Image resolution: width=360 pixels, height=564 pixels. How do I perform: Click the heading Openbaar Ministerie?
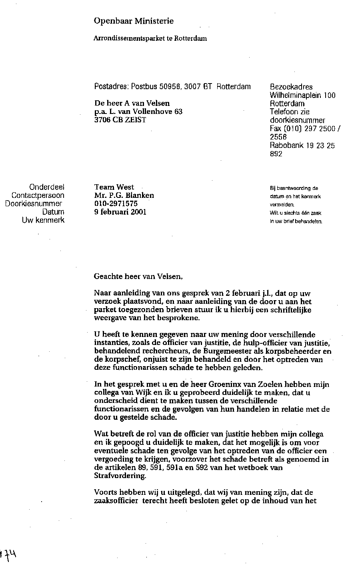pyautogui.click(x=134, y=21)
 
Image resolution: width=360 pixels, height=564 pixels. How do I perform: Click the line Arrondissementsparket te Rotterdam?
pyautogui.click(x=150, y=39)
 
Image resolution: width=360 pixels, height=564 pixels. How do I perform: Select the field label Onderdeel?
pyautogui.click(x=47, y=187)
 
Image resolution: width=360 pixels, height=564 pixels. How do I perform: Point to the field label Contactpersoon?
pyautogui.click(x=38, y=195)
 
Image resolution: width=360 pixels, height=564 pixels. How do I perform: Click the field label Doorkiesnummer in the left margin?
pyautogui.click(x=34, y=204)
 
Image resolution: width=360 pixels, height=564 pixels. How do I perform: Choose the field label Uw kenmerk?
pyautogui.click(x=43, y=220)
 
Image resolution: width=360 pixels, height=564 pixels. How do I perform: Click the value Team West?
pyautogui.click(x=114, y=187)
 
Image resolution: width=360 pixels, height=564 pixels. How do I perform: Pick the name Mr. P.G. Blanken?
pyautogui.click(x=124, y=195)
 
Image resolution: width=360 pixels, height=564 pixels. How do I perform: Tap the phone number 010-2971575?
pyautogui.click(x=116, y=204)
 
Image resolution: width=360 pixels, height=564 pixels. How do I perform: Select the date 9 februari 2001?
pyautogui.click(x=120, y=212)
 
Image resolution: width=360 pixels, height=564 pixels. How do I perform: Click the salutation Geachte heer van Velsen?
pyautogui.click(x=138, y=276)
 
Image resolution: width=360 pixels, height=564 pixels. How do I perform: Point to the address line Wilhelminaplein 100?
pyautogui.click(x=303, y=95)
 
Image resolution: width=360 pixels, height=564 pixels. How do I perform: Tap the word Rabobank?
pyautogui.click(x=286, y=145)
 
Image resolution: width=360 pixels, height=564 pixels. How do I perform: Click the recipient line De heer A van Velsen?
pyautogui.click(x=132, y=103)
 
